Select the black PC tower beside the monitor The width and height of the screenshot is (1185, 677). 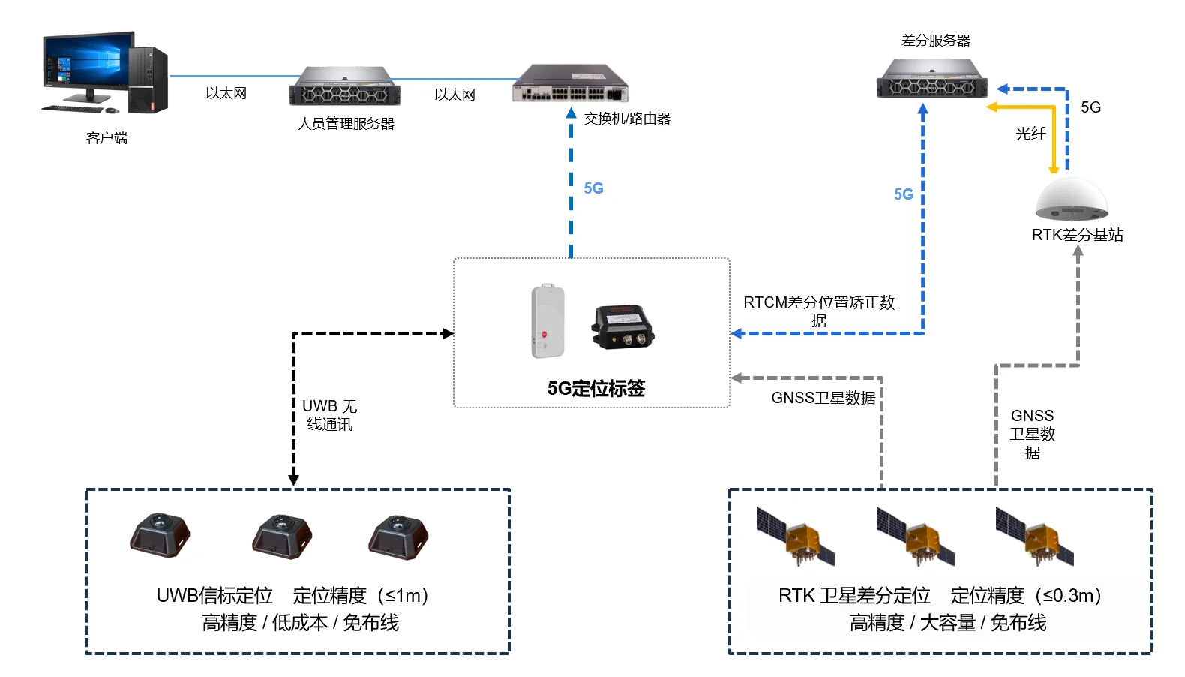point(148,80)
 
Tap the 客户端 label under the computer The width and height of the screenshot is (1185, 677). point(106,138)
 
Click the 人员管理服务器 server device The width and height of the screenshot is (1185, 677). point(344,86)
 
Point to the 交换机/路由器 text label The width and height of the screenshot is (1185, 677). point(627,119)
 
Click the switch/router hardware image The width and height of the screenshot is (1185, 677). point(570,84)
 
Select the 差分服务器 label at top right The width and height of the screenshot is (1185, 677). point(935,41)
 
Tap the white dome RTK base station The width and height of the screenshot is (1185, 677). point(1071,199)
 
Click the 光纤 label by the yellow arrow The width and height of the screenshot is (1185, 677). point(1030,134)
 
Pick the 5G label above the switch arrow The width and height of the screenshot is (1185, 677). point(593,188)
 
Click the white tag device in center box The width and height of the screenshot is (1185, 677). point(547,321)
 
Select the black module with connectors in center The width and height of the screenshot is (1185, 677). point(622,327)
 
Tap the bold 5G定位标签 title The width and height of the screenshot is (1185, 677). point(595,388)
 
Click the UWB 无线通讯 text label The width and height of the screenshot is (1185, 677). point(329,415)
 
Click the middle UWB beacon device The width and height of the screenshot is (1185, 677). point(281,536)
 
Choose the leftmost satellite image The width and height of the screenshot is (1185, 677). point(795,536)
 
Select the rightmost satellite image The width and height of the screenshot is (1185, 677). point(1035,536)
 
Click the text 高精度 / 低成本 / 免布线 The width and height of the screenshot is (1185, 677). point(300,622)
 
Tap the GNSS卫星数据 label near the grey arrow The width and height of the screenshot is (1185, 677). point(823,398)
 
